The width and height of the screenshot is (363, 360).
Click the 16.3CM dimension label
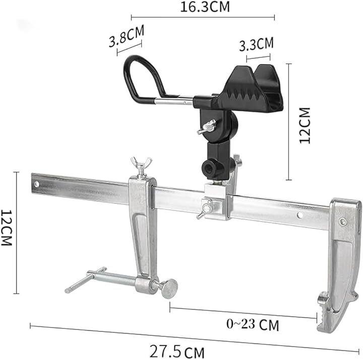[205, 7]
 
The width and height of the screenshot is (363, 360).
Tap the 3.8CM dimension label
[127, 36]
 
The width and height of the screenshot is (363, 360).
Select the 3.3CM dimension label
[256, 44]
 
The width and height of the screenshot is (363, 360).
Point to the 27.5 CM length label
[177, 351]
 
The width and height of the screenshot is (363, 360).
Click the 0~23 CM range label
[253, 324]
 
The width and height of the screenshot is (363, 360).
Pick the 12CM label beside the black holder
[305, 125]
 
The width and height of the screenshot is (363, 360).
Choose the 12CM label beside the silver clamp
[6, 228]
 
